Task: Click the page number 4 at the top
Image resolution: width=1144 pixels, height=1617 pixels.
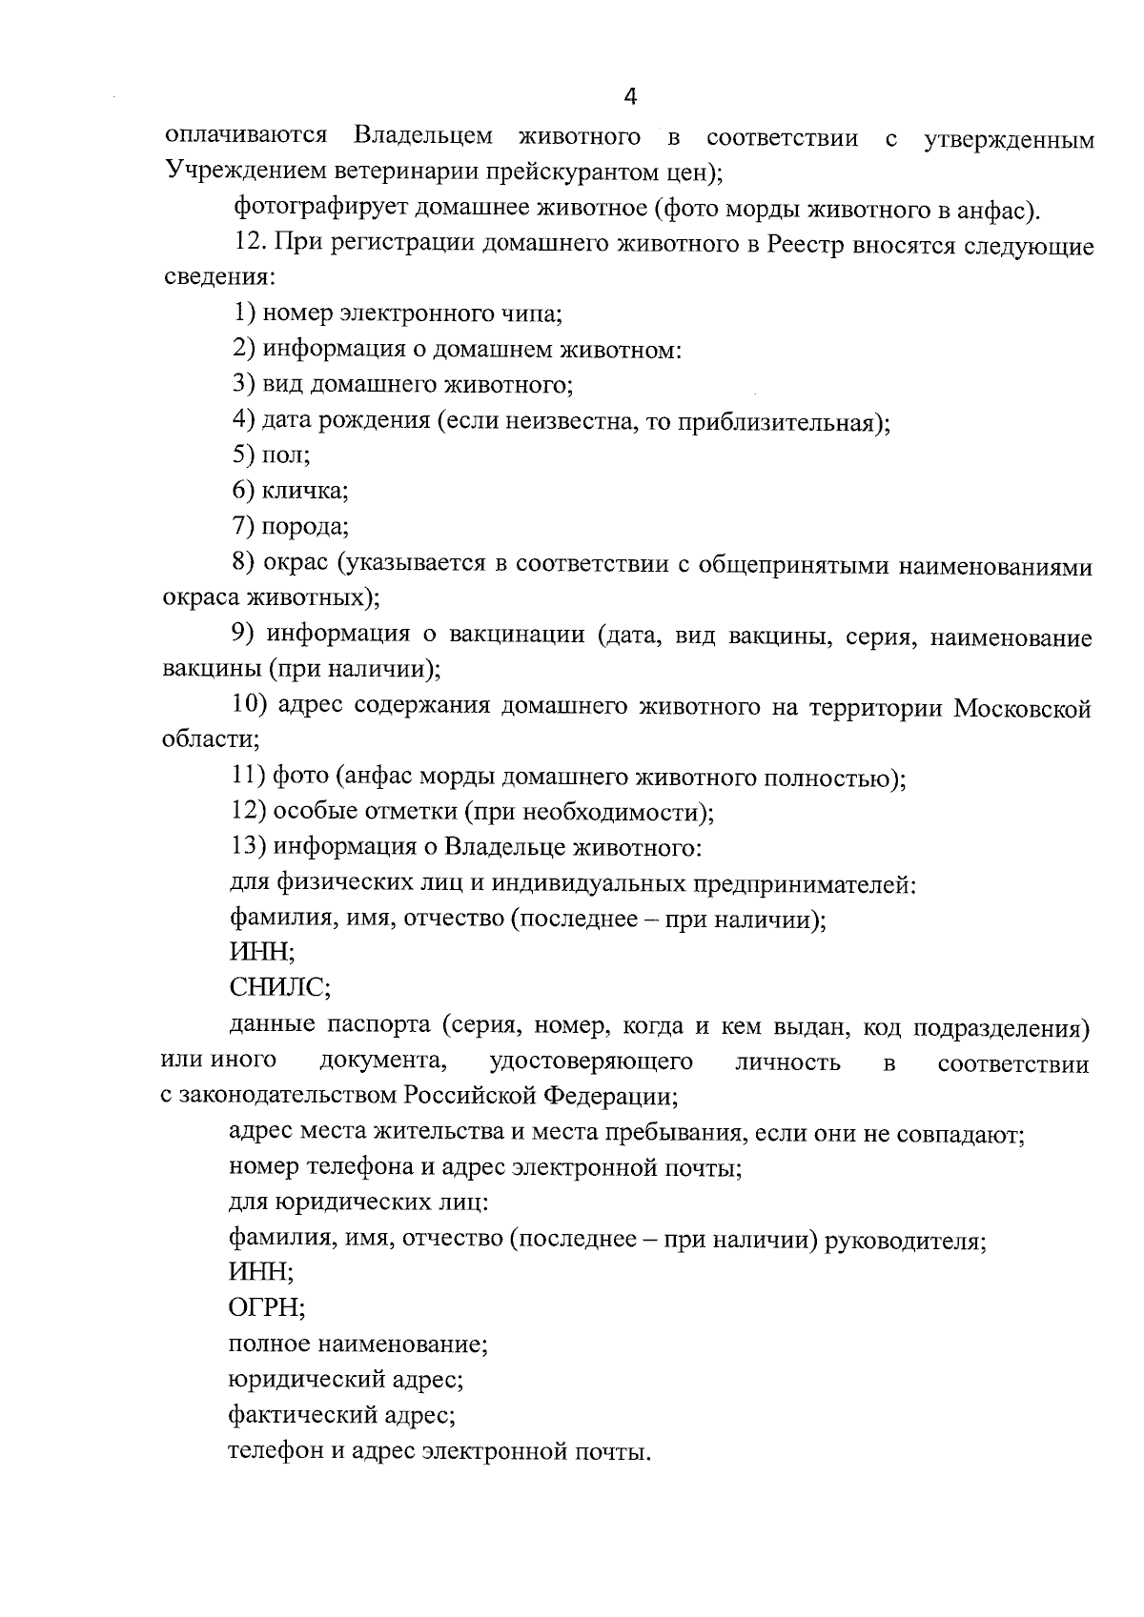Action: [x=629, y=95]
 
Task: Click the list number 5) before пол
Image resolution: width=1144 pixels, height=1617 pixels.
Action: [x=243, y=455]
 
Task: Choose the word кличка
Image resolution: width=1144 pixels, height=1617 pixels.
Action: [x=305, y=491]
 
